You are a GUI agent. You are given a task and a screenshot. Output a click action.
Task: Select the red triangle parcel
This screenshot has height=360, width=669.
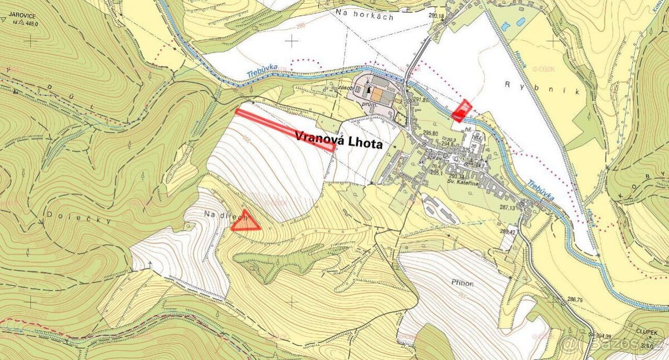pos(245,222)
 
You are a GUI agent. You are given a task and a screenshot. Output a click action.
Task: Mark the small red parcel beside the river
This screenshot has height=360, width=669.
pos(462,110)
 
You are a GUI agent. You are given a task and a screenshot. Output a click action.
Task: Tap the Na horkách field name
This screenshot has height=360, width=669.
pos(365,17)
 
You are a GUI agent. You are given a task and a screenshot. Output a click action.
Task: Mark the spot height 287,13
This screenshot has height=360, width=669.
pos(508,207)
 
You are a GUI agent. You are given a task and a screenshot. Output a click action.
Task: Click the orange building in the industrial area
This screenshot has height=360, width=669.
pos(377,95)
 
